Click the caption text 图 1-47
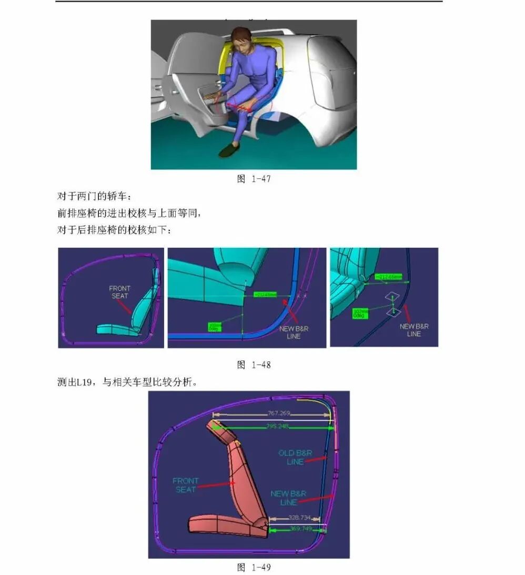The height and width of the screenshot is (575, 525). click(x=254, y=179)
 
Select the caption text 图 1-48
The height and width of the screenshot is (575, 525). click(x=254, y=365)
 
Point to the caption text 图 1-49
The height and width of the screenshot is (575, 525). click(x=254, y=567)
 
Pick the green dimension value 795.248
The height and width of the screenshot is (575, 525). click(x=276, y=427)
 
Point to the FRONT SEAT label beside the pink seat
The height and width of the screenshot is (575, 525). click(x=186, y=485)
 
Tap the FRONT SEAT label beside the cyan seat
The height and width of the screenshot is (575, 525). click(x=119, y=292)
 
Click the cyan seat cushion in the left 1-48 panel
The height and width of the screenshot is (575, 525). click(x=116, y=330)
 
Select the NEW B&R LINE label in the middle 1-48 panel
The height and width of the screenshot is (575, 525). click(x=294, y=332)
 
